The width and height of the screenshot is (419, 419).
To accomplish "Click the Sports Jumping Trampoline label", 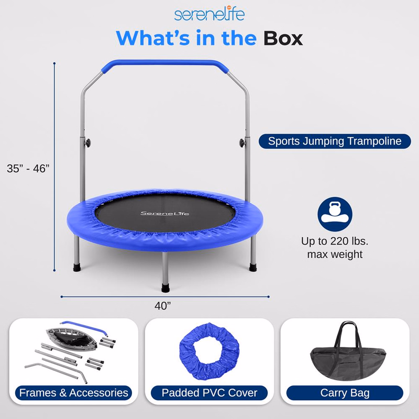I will point(335,141).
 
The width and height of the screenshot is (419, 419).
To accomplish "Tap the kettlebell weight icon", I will point(335,214).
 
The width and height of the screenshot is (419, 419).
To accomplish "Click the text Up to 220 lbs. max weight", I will point(335,248).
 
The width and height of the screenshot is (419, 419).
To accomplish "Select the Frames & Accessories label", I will point(73,392).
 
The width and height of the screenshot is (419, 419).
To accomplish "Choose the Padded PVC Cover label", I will point(210,392).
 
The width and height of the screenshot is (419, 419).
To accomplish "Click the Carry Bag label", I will point(345,392).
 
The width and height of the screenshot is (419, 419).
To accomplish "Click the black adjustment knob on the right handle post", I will point(242,142).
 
